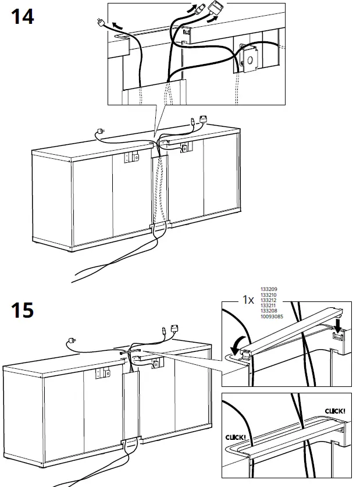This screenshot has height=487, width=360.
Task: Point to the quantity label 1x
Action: tap(248, 301)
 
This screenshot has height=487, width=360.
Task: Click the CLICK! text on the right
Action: tap(336, 411)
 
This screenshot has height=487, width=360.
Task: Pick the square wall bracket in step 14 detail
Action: tap(250, 61)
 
